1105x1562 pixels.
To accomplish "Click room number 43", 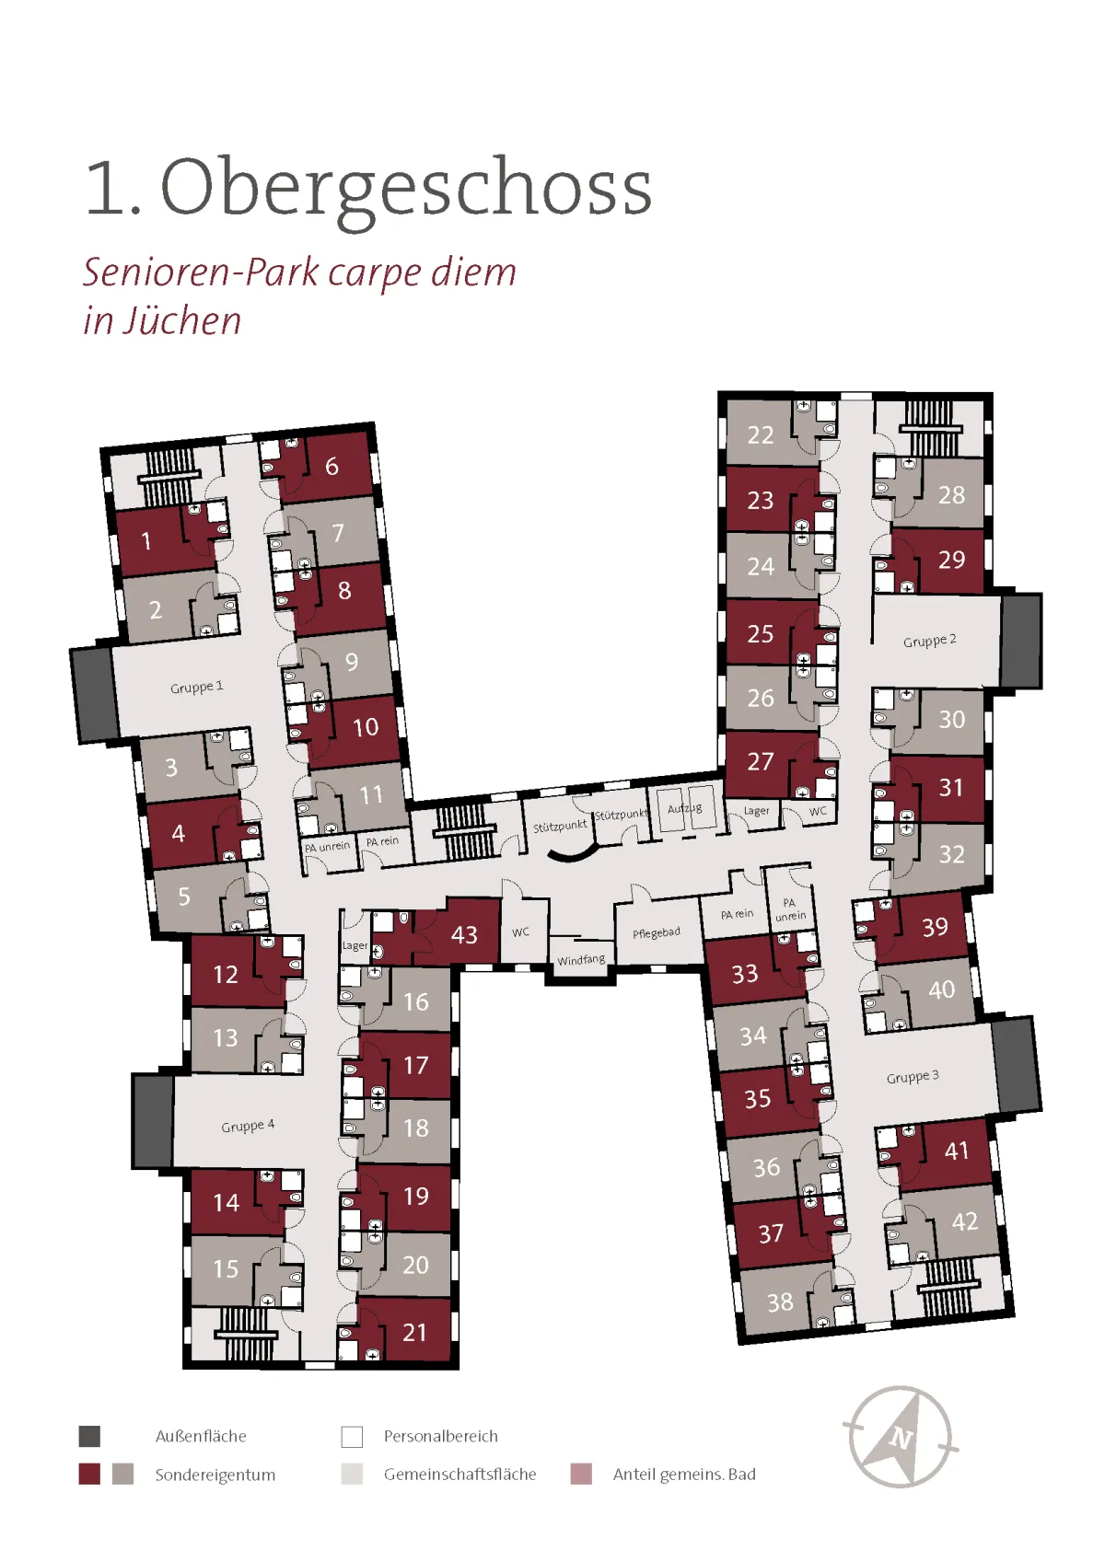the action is pos(464,934).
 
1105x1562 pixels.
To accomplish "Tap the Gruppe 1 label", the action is pos(197,687).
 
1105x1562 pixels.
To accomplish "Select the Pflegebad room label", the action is pos(657,933).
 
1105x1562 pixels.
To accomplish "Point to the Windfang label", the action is pos(581,960).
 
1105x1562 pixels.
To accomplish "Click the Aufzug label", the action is pos(684,808).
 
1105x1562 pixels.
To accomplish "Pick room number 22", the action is pos(761,435).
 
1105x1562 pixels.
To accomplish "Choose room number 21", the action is pos(415,1333).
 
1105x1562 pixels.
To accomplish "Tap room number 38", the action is pos(780,1302).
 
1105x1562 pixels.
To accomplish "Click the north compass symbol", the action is pos(901,1437).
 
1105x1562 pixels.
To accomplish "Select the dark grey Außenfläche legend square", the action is pos(89,1437).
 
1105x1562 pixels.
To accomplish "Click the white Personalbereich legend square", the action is pos(353,1437).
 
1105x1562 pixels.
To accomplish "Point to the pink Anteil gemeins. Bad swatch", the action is pos(581,1475).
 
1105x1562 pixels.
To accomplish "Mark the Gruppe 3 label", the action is pos(913,1077).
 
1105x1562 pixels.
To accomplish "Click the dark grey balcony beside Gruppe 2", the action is pos(1021,641).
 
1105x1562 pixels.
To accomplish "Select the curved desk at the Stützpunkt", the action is pos(574,853).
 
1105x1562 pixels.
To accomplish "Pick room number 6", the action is pos(332,466).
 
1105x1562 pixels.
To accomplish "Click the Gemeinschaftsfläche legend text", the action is pos(459,1475).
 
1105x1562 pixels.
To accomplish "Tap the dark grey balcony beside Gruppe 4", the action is pos(154,1122).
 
